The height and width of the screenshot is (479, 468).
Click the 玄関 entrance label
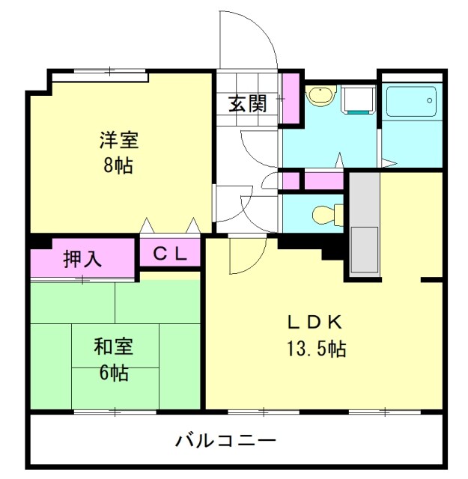pyautogui.click(x=248, y=104)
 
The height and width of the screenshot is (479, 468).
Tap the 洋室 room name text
pyautogui.click(x=118, y=141)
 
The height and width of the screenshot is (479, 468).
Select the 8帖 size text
pyautogui.click(x=118, y=165)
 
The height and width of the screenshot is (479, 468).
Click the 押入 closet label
pyautogui.click(x=83, y=259)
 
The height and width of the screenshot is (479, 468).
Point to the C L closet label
pyautogui.click(x=170, y=254)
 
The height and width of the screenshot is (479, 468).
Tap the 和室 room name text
pyautogui.click(x=114, y=347)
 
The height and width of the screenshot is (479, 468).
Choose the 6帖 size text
pyautogui.click(x=114, y=372)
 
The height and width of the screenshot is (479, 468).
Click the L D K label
pyautogui.click(x=315, y=323)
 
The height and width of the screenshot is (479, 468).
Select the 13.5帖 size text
pyautogui.click(x=315, y=348)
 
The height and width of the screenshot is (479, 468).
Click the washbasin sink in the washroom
pyautogui.click(x=321, y=96)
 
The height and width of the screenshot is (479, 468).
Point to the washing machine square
pyautogui.click(x=358, y=99)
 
